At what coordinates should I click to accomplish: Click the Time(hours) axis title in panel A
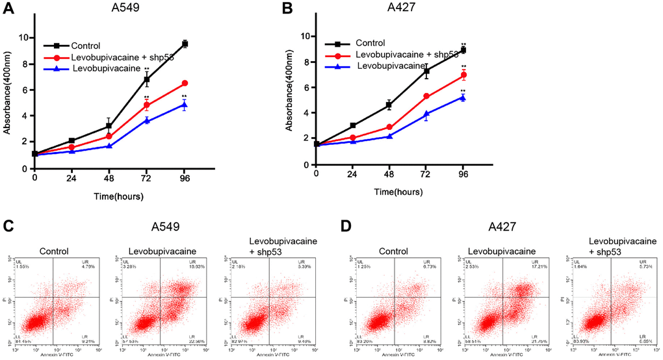click(117, 196)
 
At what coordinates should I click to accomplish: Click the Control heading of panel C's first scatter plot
click(57, 252)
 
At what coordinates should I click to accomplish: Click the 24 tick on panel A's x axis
click(72, 177)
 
